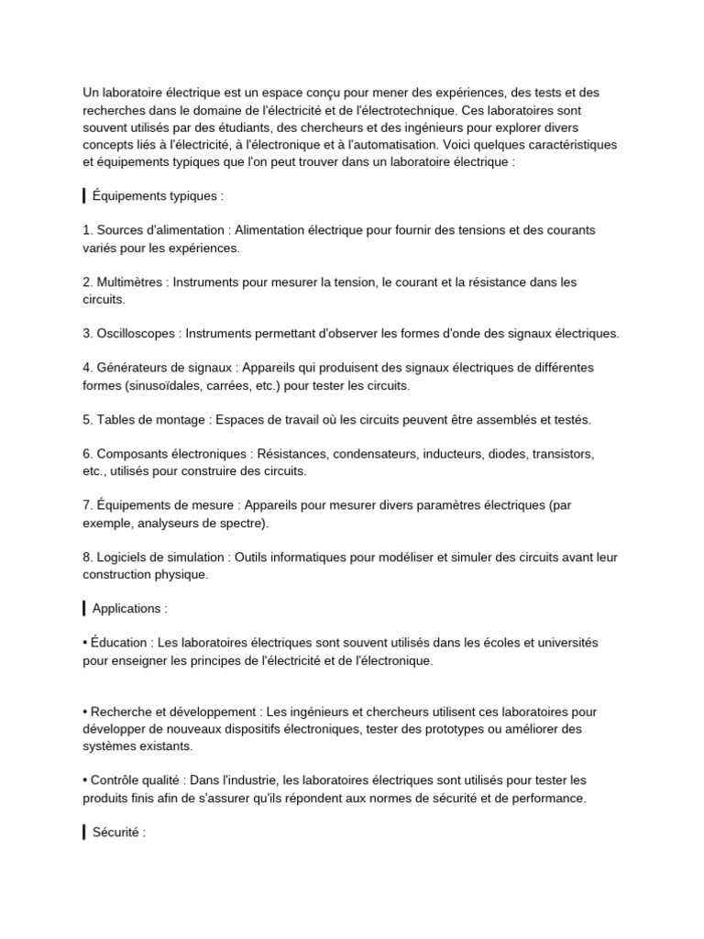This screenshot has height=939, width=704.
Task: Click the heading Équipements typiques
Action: click(157, 196)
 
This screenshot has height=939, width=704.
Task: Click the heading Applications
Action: click(129, 608)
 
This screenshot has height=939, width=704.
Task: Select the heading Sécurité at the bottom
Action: click(118, 833)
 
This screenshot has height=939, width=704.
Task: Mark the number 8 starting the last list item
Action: click(86, 557)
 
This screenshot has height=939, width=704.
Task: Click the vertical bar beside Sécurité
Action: click(84, 833)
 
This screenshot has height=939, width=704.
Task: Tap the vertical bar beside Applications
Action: click(84, 608)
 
